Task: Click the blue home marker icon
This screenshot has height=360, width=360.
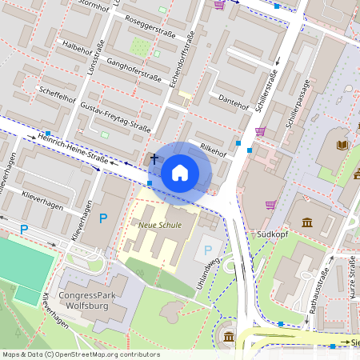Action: click(180, 173)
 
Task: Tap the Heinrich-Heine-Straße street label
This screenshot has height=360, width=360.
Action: click(72, 150)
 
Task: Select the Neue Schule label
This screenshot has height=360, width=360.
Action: click(160, 225)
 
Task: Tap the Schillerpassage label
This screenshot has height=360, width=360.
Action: click(298, 105)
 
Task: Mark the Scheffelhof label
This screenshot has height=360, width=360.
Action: click(57, 97)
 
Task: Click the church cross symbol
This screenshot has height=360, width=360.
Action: click(154, 159)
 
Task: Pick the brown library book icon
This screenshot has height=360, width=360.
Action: click(342, 145)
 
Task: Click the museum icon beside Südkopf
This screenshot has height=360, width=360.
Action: click(307, 222)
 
